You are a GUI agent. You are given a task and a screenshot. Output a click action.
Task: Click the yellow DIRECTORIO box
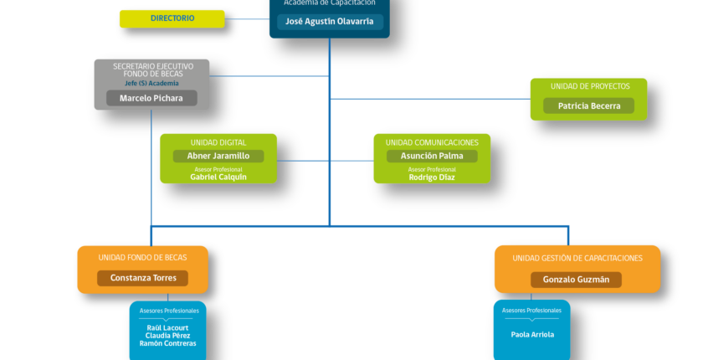(172, 18)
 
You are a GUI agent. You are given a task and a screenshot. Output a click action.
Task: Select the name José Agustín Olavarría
(330, 22)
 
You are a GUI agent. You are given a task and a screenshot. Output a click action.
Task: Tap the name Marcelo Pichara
(151, 98)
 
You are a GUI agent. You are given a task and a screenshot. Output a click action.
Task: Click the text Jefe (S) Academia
(151, 84)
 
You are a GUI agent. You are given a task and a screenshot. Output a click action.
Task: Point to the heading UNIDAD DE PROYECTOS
(590, 86)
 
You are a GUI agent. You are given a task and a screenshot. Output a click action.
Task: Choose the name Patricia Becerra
(589, 106)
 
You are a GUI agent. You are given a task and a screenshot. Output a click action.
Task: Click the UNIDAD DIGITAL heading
(218, 142)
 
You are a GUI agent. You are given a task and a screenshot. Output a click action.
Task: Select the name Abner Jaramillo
(218, 156)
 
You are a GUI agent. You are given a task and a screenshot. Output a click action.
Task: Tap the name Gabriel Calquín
(218, 177)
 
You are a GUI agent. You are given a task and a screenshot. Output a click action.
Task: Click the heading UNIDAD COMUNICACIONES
(432, 142)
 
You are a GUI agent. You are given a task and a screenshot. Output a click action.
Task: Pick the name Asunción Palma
(432, 156)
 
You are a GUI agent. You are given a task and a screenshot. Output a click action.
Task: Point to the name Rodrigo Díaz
(432, 177)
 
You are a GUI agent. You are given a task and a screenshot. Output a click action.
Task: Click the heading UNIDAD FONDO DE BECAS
(142, 258)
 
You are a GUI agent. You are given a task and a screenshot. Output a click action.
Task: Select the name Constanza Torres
(143, 278)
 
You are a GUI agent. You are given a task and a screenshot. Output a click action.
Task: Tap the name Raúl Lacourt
(167, 328)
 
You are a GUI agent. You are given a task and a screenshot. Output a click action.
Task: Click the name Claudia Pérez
(167, 336)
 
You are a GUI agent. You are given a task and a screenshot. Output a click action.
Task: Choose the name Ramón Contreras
(167, 343)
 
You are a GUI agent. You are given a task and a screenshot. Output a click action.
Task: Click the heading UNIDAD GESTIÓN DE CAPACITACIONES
(577, 258)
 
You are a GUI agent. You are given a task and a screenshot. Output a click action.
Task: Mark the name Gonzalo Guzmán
(576, 280)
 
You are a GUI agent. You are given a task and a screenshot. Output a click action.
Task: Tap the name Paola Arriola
(532, 335)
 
